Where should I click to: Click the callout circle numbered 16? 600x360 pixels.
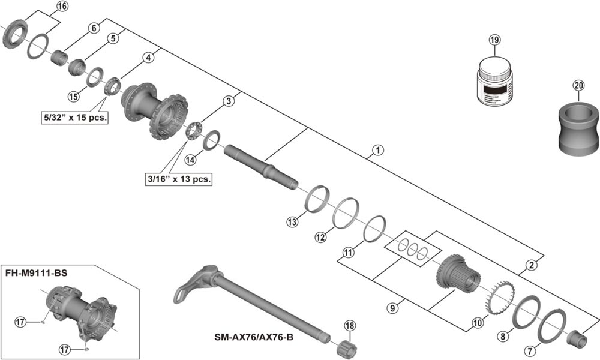(62, 7)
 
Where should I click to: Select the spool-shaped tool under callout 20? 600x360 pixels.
(578, 127)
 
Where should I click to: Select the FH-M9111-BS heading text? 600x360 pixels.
(36, 272)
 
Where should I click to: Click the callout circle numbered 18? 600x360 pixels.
(350, 326)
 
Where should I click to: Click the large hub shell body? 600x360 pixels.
(154, 111)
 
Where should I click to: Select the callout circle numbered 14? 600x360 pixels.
(190, 160)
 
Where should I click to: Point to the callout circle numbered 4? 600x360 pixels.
(148, 58)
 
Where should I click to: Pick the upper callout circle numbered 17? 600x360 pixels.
(20, 322)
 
